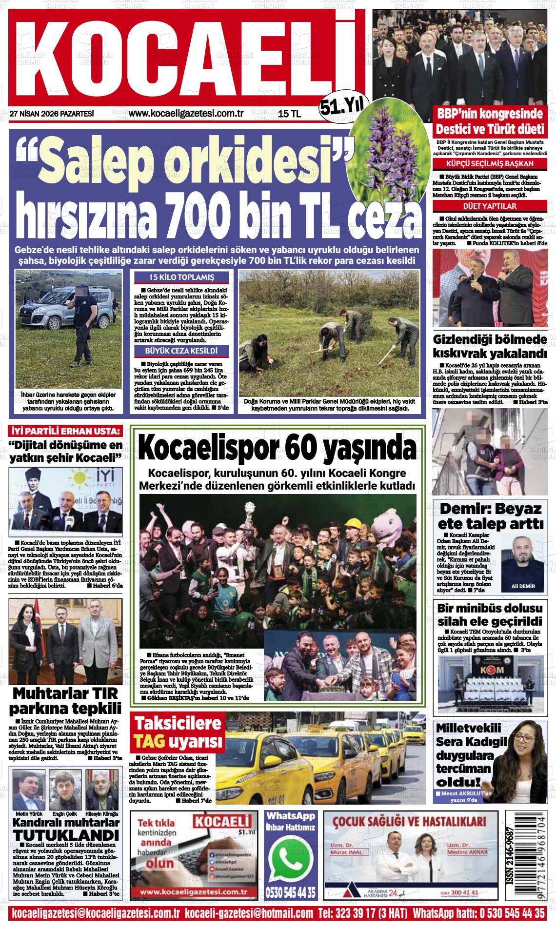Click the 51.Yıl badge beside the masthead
[x=344, y=105]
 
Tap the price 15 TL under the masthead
[x=290, y=114]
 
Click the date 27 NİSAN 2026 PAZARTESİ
[x=51, y=114]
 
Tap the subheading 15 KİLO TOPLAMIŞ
[x=181, y=277]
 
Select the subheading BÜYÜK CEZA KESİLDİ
[x=181, y=351]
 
